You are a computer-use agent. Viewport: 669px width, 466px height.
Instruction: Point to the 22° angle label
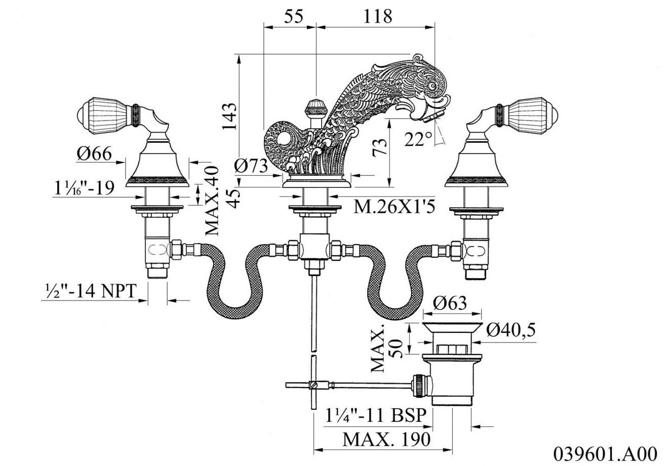pos(419,138)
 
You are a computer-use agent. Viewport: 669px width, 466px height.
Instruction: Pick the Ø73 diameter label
pos(251,166)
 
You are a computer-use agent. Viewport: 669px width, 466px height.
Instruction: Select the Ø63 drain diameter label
pos(450,303)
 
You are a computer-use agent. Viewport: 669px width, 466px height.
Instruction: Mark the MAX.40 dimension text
pos(213,201)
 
